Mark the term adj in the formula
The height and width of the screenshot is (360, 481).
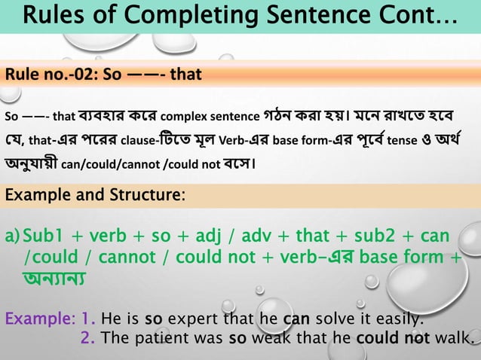[x=218, y=236]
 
